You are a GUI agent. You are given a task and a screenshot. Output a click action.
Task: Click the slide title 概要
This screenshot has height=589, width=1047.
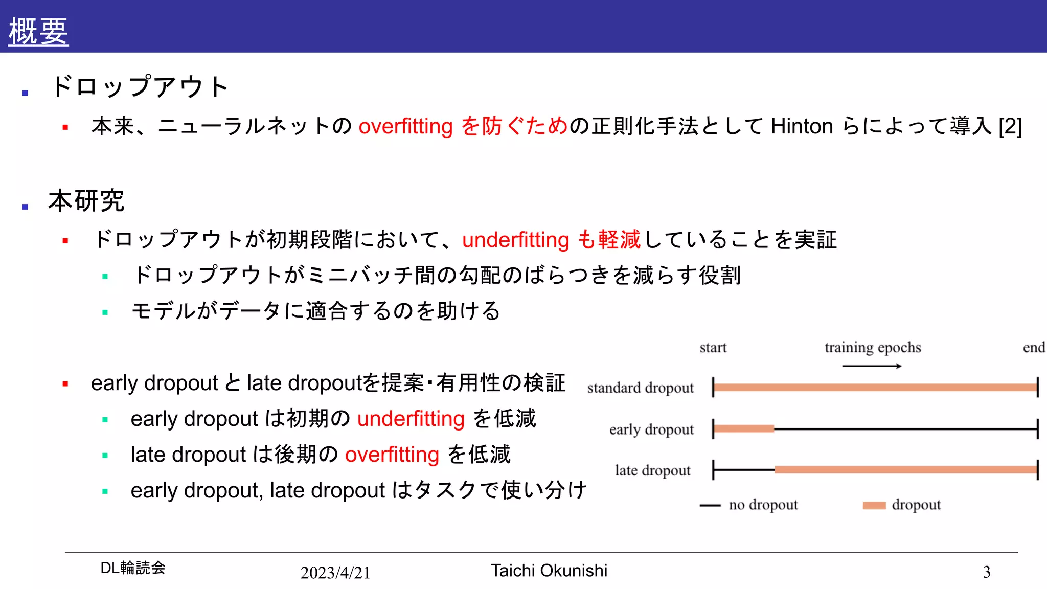pyautogui.click(x=38, y=31)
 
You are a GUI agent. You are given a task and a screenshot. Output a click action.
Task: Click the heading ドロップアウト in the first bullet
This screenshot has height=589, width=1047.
pyautogui.click(x=139, y=86)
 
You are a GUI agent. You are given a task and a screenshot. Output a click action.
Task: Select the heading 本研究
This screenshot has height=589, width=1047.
pyautogui.click(x=86, y=200)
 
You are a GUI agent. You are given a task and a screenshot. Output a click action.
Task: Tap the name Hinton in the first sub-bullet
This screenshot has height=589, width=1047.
pyautogui.click(x=802, y=126)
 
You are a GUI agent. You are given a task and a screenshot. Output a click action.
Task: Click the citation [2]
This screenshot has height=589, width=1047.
pyautogui.click(x=1010, y=126)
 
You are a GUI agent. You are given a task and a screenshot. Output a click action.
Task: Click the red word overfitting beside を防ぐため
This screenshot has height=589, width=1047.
pyautogui.click(x=405, y=126)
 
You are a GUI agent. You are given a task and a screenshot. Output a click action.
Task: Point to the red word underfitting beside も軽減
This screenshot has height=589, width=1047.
pyautogui.click(x=515, y=240)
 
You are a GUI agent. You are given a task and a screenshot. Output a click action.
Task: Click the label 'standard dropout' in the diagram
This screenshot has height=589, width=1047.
pyautogui.click(x=640, y=388)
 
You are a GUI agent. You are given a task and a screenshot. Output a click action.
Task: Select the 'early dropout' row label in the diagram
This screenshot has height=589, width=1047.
pyautogui.click(x=651, y=429)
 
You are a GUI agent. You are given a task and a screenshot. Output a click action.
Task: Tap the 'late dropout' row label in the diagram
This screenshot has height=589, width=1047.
pyautogui.click(x=652, y=470)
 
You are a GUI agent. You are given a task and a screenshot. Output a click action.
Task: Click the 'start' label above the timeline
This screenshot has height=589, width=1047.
pyautogui.click(x=713, y=348)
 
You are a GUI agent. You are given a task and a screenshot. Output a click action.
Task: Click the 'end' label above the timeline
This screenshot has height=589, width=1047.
pyautogui.click(x=1033, y=348)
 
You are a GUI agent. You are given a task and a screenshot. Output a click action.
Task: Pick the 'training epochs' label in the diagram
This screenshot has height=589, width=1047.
pyautogui.click(x=872, y=348)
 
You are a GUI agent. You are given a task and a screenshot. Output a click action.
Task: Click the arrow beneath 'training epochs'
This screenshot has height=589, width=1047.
pyautogui.click(x=872, y=366)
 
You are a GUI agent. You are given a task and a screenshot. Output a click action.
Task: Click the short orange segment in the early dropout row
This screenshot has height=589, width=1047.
pyautogui.click(x=744, y=429)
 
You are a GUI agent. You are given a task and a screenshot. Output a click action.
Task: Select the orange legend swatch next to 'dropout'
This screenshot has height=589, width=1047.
pyautogui.click(x=874, y=505)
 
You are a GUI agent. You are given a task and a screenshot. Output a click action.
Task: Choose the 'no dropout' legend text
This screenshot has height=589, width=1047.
pyautogui.click(x=763, y=505)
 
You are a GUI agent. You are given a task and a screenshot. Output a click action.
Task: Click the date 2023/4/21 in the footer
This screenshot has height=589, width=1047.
pyautogui.click(x=335, y=573)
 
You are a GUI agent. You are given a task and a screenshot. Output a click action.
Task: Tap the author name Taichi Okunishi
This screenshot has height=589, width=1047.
pyautogui.click(x=549, y=571)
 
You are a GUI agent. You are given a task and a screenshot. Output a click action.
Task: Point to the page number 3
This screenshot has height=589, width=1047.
pyautogui.click(x=986, y=572)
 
